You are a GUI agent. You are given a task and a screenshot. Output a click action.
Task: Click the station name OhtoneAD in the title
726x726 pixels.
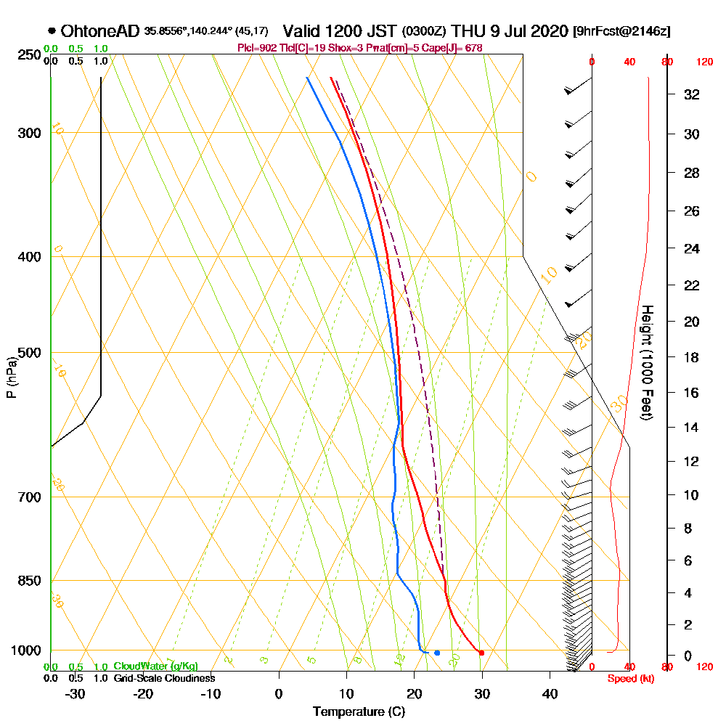(x=100, y=31)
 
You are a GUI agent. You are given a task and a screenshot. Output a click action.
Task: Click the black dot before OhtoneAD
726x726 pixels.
(x=52, y=31)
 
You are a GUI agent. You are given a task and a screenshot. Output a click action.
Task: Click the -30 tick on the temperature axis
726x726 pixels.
(x=76, y=693)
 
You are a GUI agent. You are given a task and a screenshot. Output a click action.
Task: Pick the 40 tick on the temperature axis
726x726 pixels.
(x=550, y=693)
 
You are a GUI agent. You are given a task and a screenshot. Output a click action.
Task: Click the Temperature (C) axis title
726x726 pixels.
(x=359, y=712)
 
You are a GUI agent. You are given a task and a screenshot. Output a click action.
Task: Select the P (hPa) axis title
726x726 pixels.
(x=11, y=377)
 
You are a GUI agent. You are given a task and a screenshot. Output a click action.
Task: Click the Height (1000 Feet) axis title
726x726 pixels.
(x=645, y=362)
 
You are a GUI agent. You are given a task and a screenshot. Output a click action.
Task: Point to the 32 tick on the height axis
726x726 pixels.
(x=691, y=94)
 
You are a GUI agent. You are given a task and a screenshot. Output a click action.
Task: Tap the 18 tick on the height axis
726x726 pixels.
(x=691, y=357)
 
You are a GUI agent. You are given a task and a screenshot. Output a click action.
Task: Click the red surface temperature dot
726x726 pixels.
(x=481, y=653)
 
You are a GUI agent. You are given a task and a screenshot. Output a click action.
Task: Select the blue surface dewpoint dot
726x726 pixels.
(x=437, y=653)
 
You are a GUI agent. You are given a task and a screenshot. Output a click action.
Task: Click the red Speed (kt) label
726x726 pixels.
(x=628, y=678)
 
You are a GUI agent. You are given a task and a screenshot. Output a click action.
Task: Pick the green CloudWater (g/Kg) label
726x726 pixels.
(x=155, y=666)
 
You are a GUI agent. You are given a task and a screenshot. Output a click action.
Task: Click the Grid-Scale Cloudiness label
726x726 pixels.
(x=163, y=678)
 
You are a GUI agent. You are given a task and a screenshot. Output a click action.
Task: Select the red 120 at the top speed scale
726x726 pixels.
(x=703, y=62)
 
